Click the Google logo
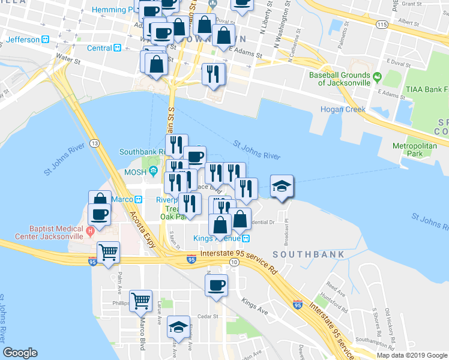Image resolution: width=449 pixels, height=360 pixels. (20, 353)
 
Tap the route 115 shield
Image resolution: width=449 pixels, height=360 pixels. (382, 24)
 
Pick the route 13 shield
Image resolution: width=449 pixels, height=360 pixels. (95, 143)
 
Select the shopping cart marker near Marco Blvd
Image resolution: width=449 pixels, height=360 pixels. (141, 300)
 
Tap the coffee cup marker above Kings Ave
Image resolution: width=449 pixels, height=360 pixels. (217, 286)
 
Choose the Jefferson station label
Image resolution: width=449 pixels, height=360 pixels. (22, 40)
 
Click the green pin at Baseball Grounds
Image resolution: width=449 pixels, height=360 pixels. (376, 76)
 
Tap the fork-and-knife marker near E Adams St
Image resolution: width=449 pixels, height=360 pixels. (213, 74)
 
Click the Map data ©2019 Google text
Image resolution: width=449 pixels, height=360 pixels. (412, 355)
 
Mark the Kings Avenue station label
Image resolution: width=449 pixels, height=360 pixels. (217, 238)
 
